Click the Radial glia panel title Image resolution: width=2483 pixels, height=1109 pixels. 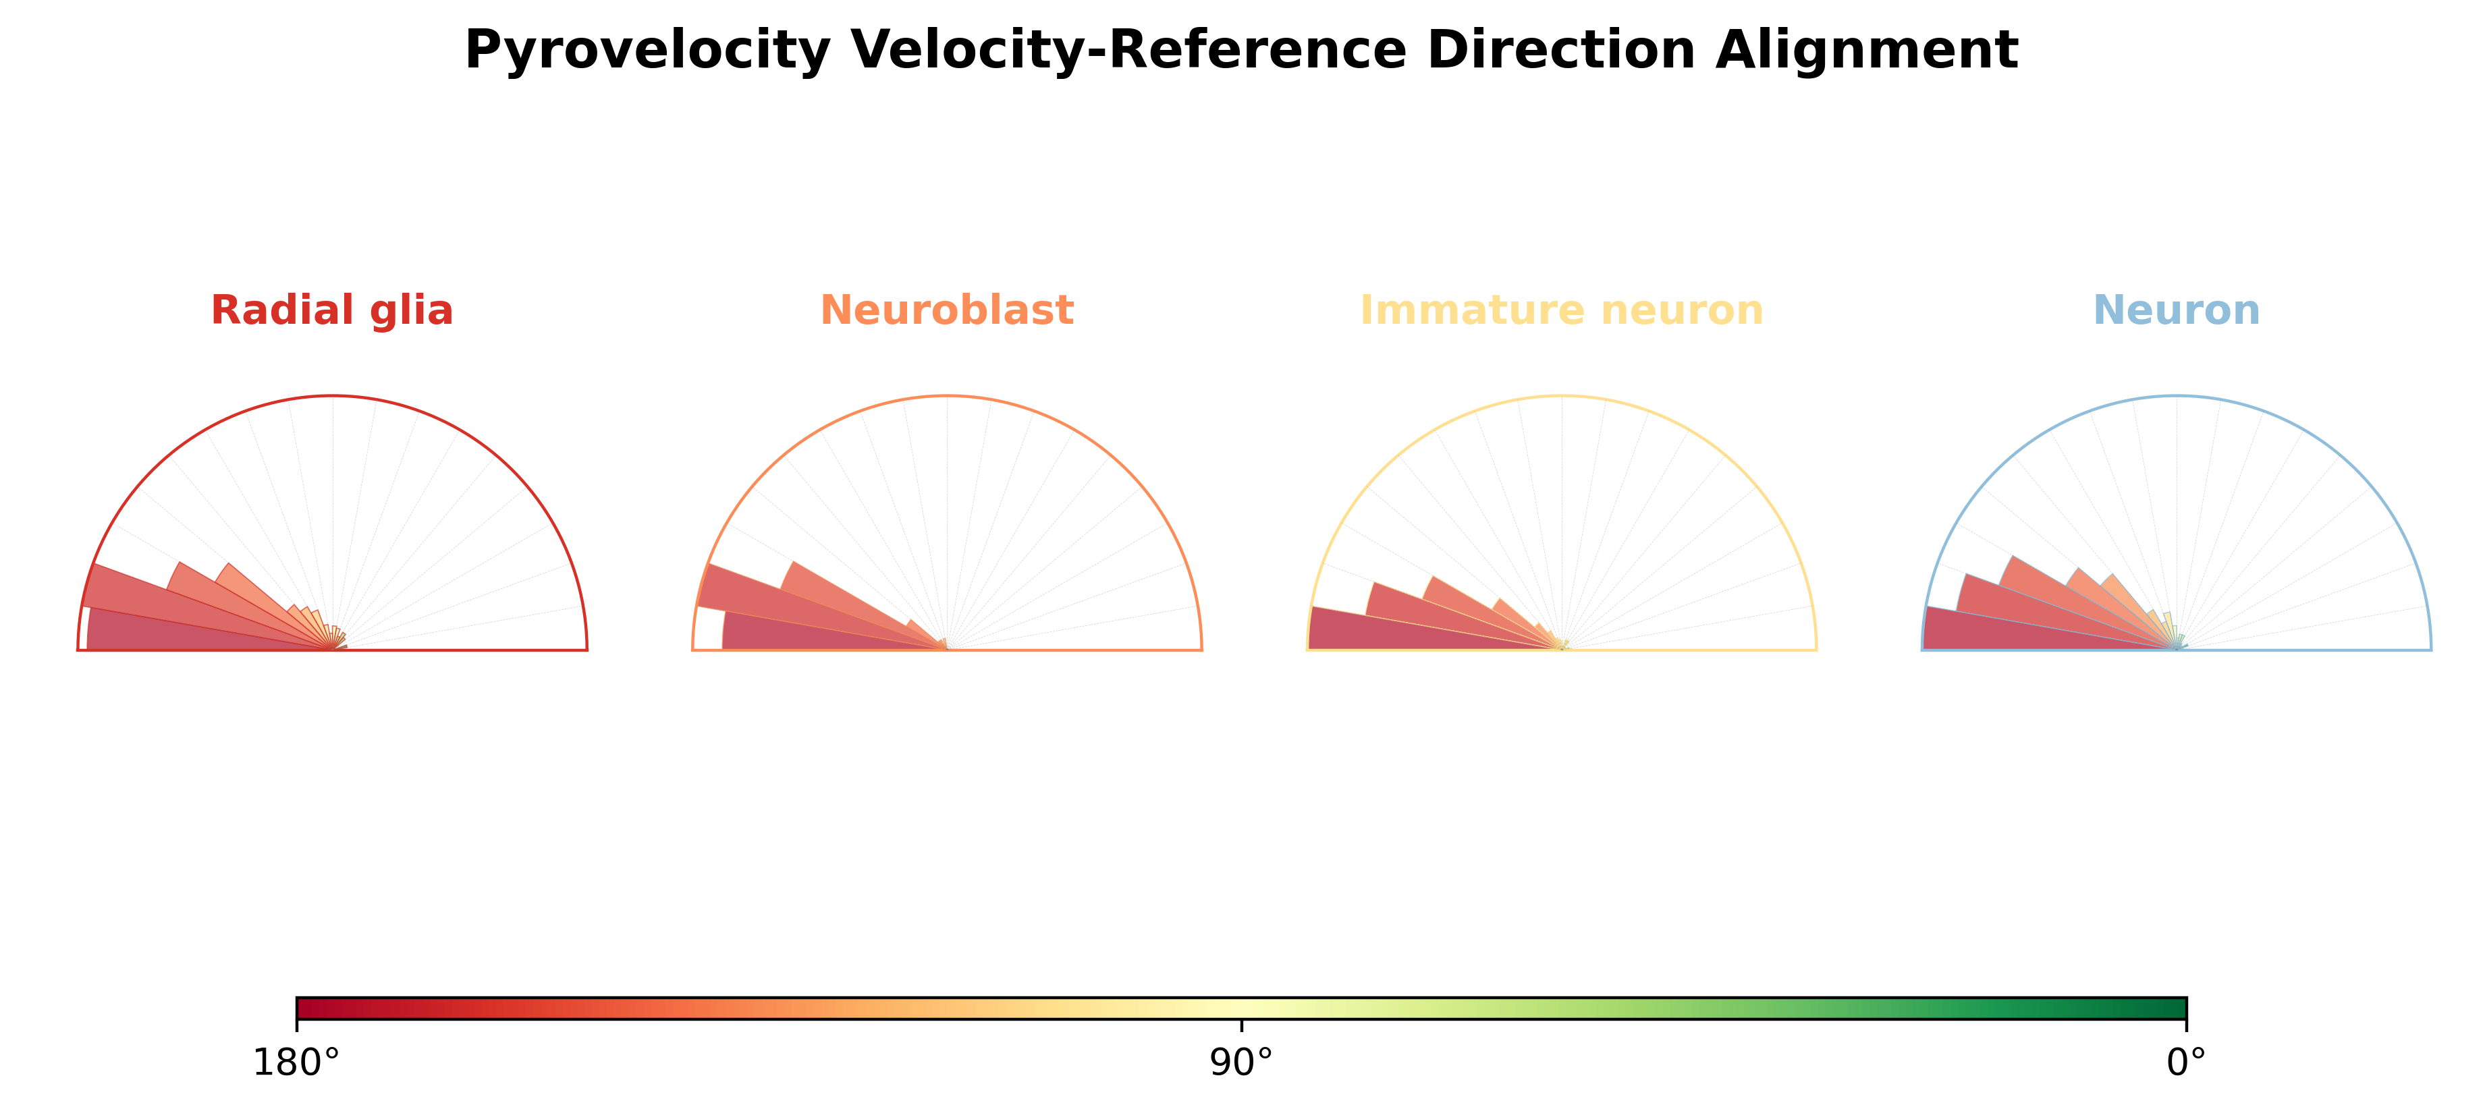click(x=331, y=310)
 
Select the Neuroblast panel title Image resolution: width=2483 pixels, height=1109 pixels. click(x=946, y=310)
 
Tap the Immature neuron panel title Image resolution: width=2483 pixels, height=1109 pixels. click(x=1562, y=310)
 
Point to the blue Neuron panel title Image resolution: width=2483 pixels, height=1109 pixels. click(x=2177, y=310)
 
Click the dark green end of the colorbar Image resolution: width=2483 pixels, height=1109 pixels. click(x=2174, y=1008)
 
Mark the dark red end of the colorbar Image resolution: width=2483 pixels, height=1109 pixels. click(x=309, y=1008)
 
